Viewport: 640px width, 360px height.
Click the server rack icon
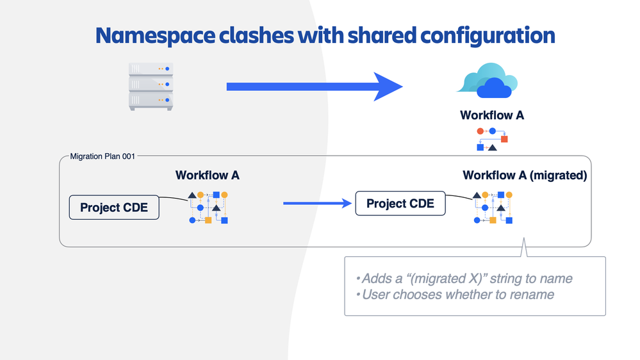(x=151, y=85)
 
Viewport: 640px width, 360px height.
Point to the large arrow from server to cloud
(x=314, y=86)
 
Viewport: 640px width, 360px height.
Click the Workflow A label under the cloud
(x=492, y=116)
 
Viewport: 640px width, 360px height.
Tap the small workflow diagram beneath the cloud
(x=492, y=139)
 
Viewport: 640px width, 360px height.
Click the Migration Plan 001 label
(x=102, y=156)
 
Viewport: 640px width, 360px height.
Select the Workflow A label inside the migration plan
(x=208, y=175)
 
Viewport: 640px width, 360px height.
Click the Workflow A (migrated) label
(x=525, y=176)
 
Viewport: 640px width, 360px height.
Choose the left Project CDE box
(x=114, y=208)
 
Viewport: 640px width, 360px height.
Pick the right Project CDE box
(x=400, y=204)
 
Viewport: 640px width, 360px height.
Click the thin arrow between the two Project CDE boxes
(x=318, y=204)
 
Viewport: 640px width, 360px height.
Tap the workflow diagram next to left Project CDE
(x=208, y=207)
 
